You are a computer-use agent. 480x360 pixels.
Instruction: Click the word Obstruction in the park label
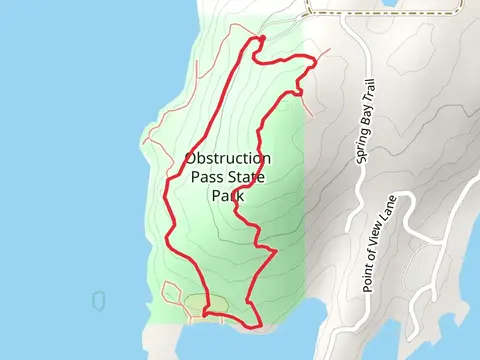[228, 159]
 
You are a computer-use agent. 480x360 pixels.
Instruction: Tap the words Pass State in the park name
[228, 178]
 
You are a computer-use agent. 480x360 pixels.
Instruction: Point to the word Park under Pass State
[228, 196]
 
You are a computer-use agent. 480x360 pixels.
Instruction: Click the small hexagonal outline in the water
[99, 299]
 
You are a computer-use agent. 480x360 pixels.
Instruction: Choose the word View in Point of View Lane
[380, 241]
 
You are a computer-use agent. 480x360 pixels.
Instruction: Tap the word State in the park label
[248, 178]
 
